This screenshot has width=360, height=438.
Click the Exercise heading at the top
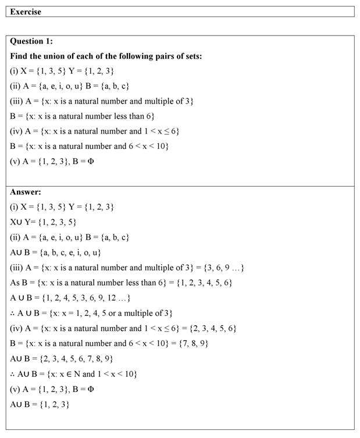pyautogui.click(x=26, y=12)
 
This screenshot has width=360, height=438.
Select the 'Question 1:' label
pyautogui.click(x=31, y=41)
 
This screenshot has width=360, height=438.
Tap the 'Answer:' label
pyautogui.click(x=26, y=191)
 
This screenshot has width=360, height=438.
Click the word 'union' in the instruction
pyautogui.click(x=58, y=56)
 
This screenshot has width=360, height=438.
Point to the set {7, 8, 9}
pyautogui.click(x=195, y=343)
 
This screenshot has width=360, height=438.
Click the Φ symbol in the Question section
pyautogui.click(x=90, y=161)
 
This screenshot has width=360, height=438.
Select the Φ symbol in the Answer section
pyautogui.click(x=90, y=389)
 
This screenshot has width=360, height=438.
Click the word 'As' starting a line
pyautogui.click(x=15, y=283)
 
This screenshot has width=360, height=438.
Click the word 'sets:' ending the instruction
pyautogui.click(x=193, y=56)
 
